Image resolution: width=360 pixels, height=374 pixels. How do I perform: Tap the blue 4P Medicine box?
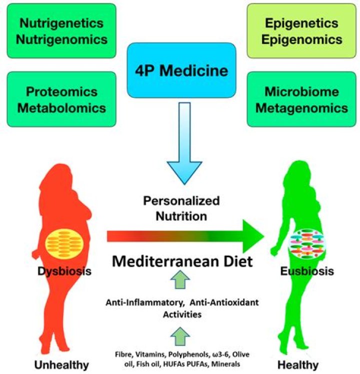point(180,70)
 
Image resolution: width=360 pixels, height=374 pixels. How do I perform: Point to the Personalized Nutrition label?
point(181,208)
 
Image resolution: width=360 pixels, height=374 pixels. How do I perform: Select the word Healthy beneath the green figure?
point(299,365)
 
